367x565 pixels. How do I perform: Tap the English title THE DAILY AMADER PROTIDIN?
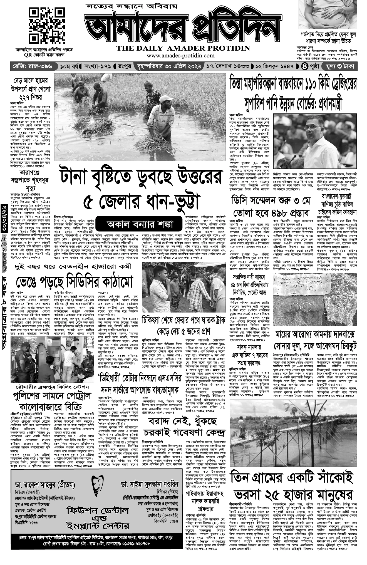[183, 48]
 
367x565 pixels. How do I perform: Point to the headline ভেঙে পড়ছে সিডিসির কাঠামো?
[75, 282]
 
